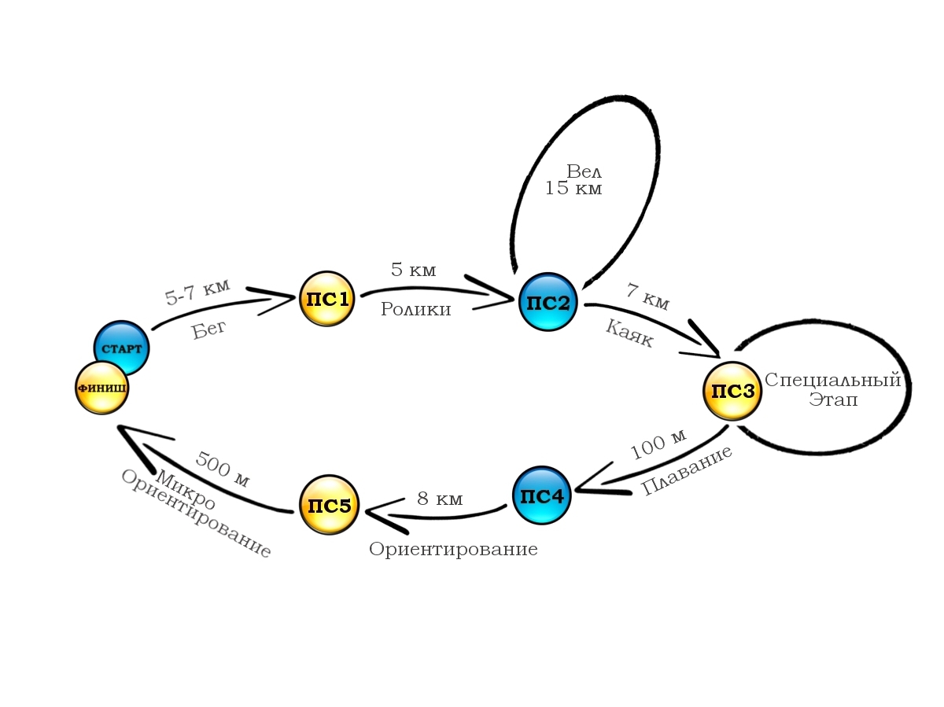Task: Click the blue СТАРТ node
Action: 122,348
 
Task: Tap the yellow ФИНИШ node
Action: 101,388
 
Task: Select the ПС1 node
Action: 326,299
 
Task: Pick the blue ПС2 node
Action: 548,302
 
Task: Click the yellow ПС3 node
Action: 732,391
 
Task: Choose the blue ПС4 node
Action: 540,495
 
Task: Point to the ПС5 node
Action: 329,505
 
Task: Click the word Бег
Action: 209,329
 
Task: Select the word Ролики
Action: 415,309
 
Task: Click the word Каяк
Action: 629,333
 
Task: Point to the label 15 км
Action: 573,189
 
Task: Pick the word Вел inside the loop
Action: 584,171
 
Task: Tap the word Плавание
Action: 687,470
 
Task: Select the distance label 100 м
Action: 658,445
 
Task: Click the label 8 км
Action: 440,499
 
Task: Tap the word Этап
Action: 833,400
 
